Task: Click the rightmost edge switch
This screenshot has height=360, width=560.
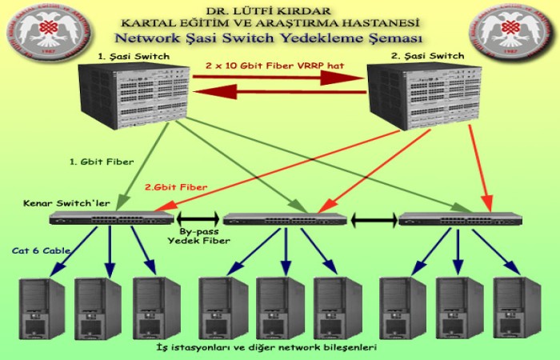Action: [x=459, y=218]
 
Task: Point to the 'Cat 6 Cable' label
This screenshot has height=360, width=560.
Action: [x=42, y=250]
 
